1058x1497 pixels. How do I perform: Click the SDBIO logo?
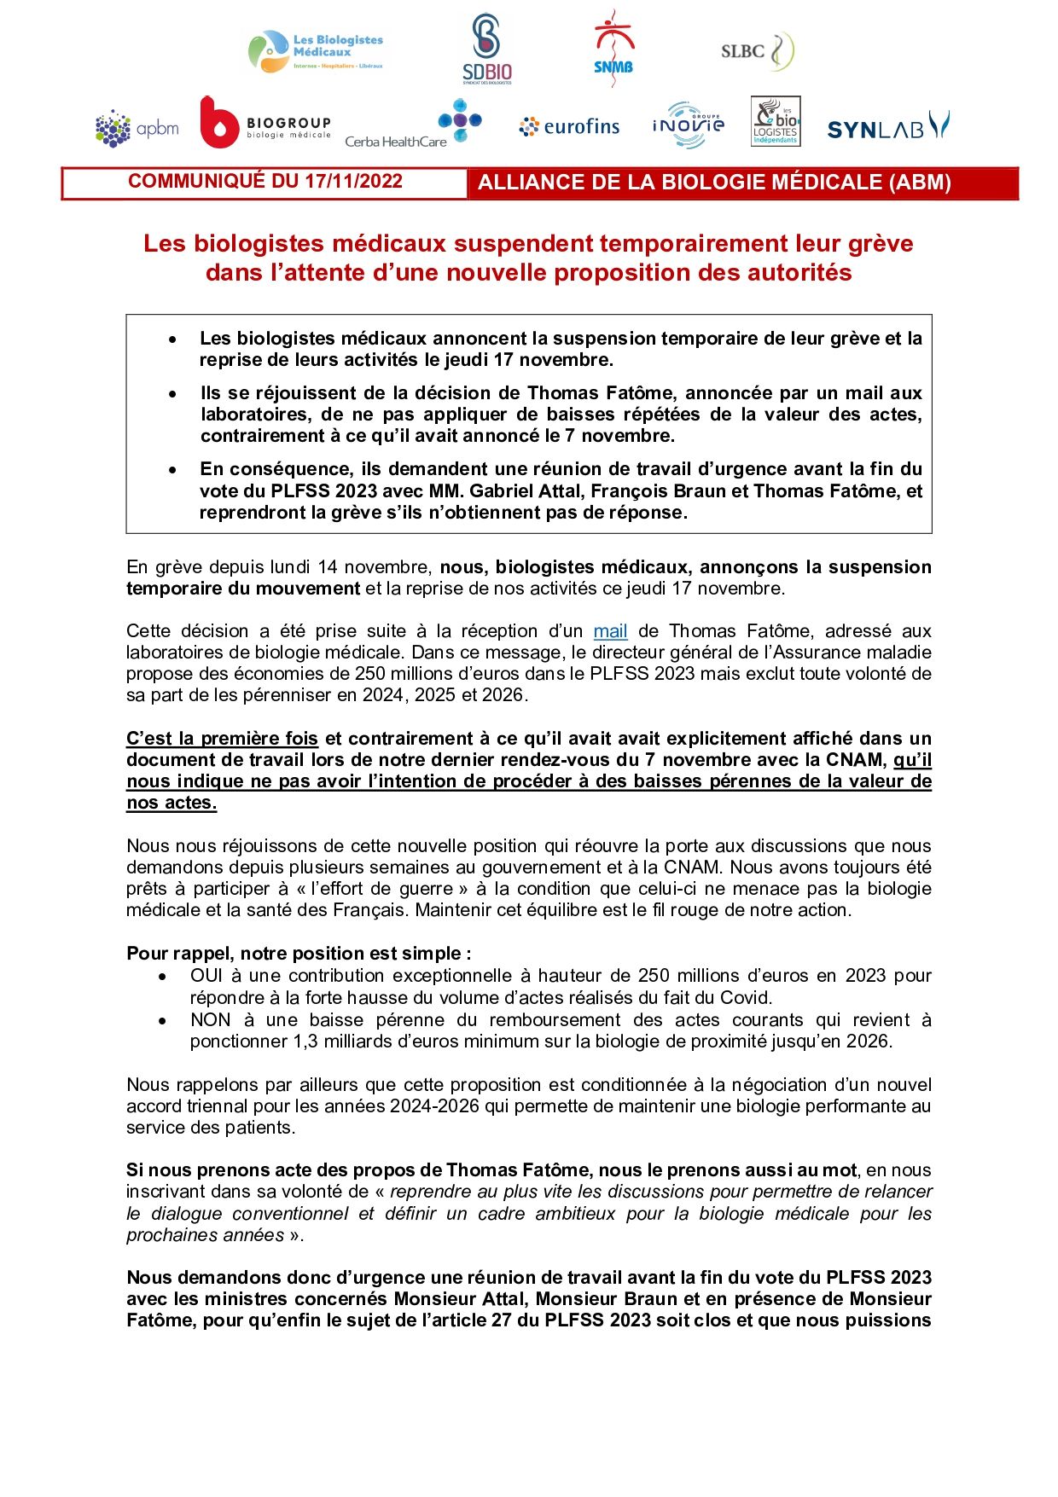486,49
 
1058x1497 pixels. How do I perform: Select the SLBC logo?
757,51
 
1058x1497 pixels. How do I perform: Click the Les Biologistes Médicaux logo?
316,52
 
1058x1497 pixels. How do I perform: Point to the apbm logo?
137,129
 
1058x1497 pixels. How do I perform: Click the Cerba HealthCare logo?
413,126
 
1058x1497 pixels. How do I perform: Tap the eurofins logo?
569,127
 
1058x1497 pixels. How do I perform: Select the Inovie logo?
688,125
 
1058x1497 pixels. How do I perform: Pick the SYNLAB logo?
887,127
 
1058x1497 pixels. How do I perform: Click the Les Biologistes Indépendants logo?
776,121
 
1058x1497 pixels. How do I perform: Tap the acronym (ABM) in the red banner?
920,183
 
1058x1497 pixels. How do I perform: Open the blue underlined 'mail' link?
610,631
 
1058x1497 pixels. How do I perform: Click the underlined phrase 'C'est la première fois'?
222,739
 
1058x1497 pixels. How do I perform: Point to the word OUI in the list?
206,976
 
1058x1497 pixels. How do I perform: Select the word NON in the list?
210,1020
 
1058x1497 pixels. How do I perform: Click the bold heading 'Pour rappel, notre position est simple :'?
299,954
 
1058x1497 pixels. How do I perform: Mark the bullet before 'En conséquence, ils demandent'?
173,470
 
